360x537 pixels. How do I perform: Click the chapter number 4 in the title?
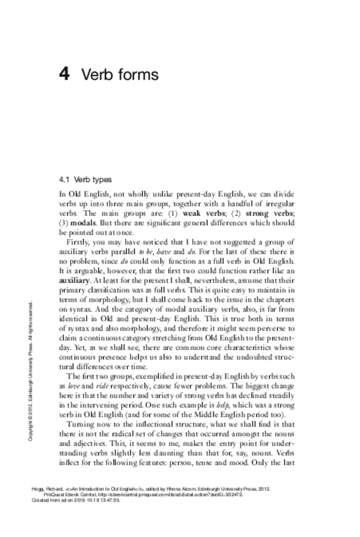coord(63,75)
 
